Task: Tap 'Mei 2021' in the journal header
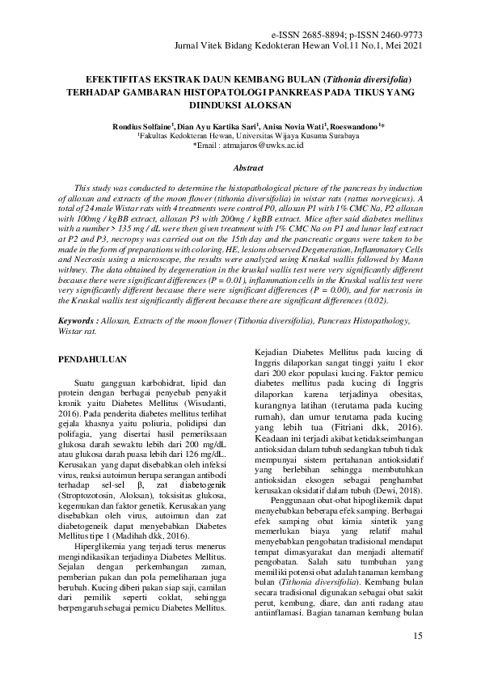403,47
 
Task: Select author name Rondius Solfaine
141,127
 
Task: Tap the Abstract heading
248,168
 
